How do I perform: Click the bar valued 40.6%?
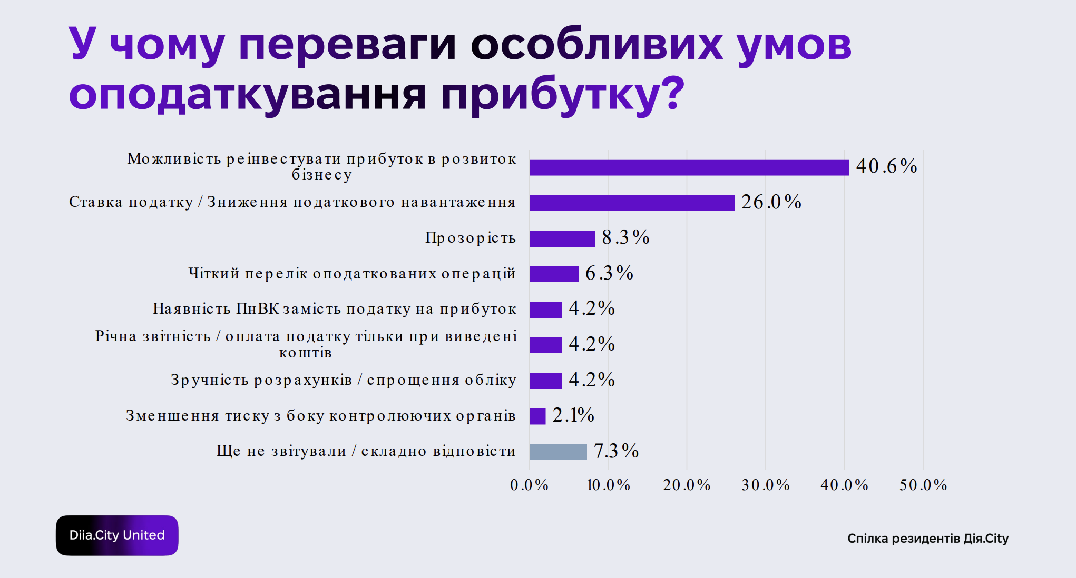click(689, 167)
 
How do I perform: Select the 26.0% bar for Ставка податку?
click(632, 203)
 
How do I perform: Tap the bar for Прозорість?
click(562, 238)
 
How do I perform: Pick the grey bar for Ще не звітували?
click(558, 452)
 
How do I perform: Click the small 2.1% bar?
click(537, 416)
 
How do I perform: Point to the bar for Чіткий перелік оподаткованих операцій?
click(554, 274)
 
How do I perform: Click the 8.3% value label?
click(625, 237)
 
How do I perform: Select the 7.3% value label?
click(616, 451)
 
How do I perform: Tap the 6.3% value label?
click(609, 273)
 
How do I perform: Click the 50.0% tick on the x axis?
click(923, 485)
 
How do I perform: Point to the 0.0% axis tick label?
click(529, 485)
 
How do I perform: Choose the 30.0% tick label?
click(766, 485)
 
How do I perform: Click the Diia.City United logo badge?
click(117, 535)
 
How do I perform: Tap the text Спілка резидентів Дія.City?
click(928, 539)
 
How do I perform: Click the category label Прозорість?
click(471, 238)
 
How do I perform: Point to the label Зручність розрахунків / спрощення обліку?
click(344, 380)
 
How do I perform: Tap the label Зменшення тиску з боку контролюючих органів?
click(321, 416)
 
